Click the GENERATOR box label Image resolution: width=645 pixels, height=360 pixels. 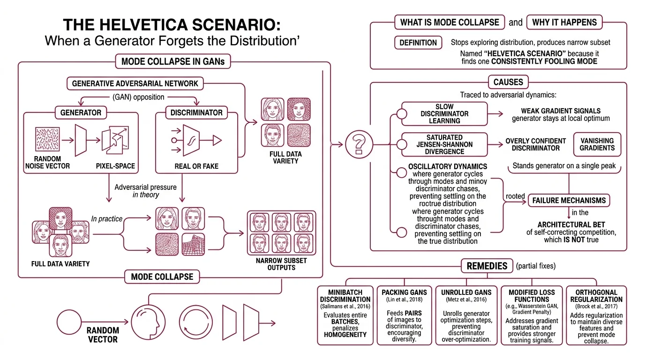point(81,112)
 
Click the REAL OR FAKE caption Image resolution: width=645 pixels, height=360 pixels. point(196,166)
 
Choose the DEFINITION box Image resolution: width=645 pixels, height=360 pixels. point(418,43)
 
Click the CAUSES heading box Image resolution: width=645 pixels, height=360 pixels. point(508,82)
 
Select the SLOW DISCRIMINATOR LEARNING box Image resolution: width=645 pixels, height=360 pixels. point(444,114)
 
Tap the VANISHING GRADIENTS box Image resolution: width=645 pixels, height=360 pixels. point(597,144)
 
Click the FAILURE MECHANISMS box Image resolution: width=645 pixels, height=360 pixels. point(569,201)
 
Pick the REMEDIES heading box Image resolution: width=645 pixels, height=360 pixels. point(487,266)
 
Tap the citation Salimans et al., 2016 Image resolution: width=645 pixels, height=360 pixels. point(345,307)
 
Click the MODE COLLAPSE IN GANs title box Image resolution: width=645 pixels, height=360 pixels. point(172,61)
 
